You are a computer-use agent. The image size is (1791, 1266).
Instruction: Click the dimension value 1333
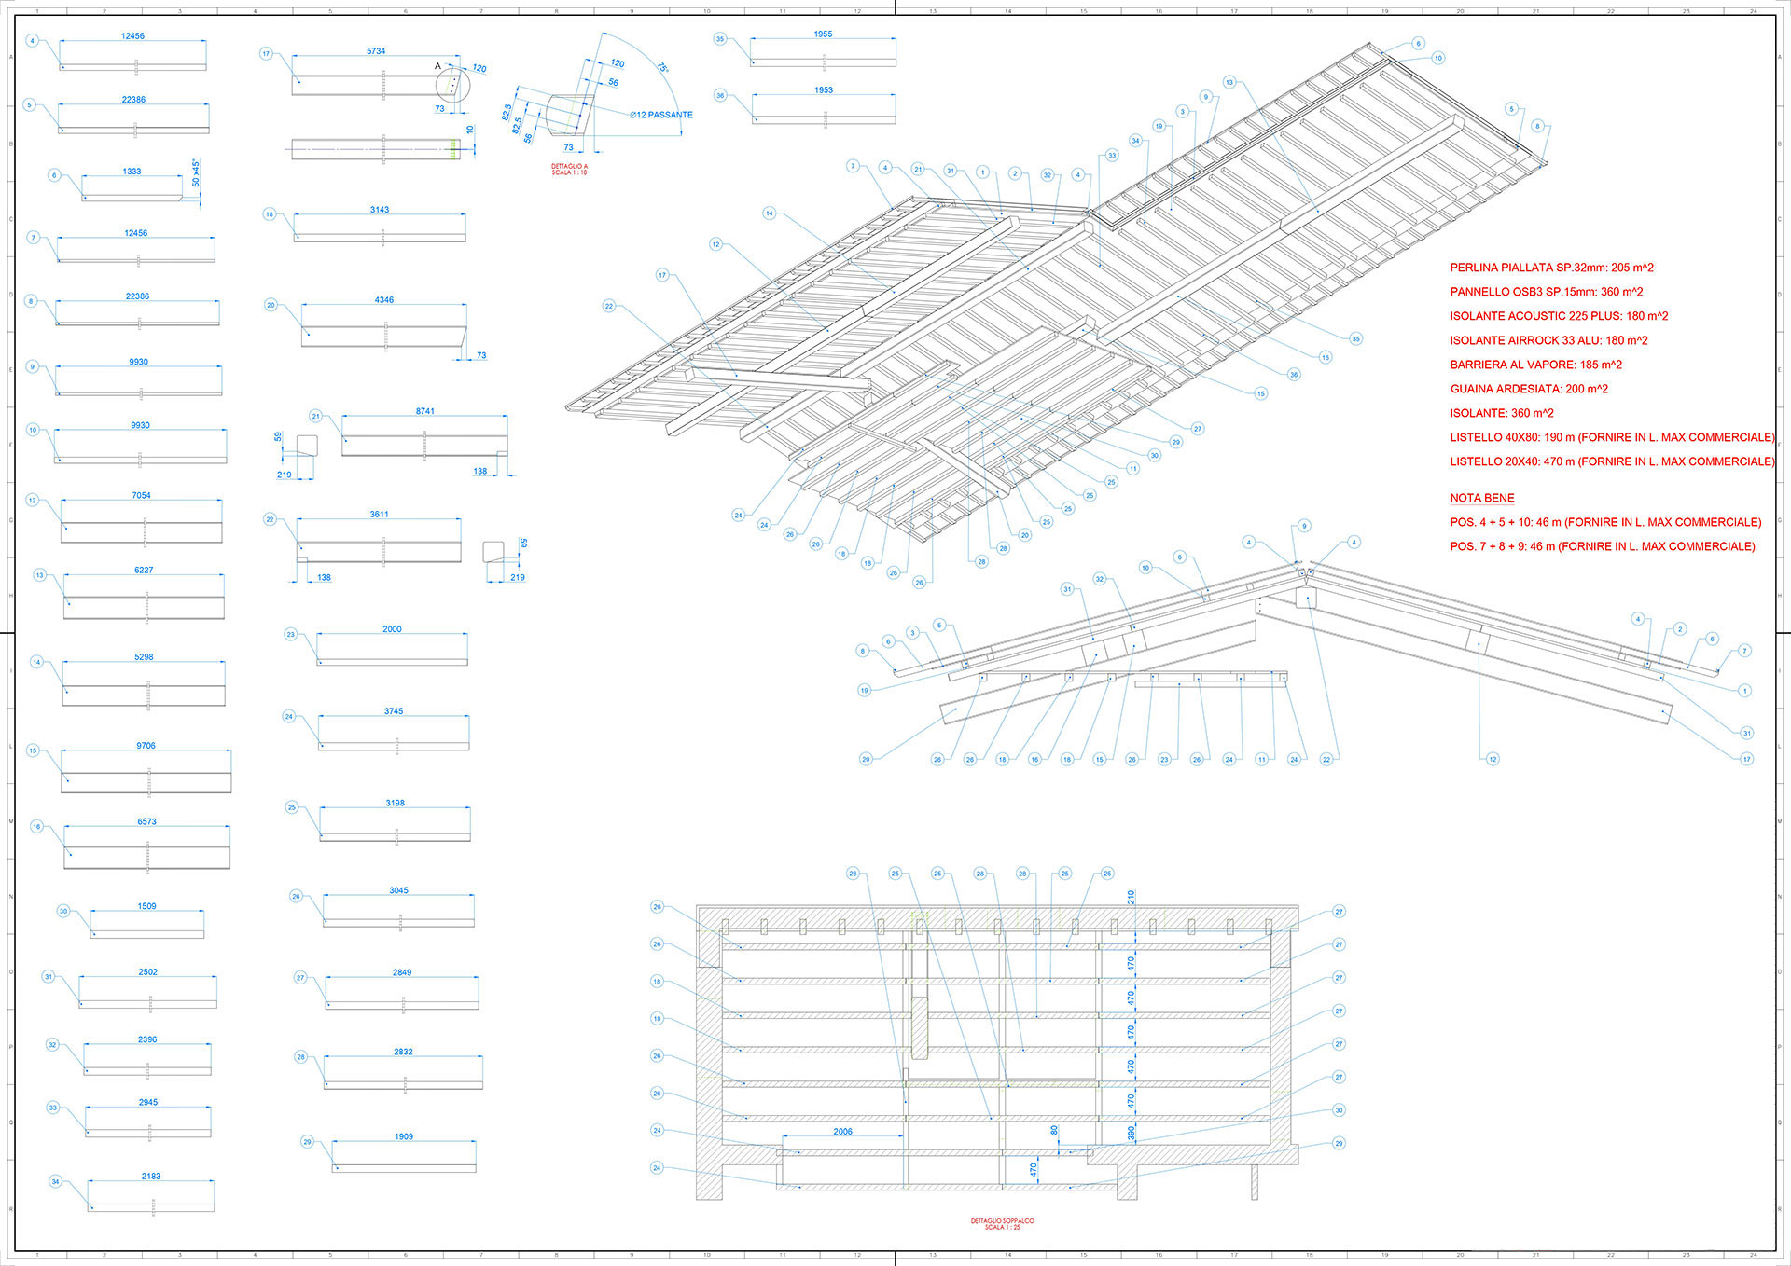pos(132,172)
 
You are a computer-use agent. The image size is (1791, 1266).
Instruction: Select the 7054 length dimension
pos(141,495)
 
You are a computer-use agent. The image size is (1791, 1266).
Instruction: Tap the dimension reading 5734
pos(376,51)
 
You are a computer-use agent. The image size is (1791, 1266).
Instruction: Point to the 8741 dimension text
pos(424,411)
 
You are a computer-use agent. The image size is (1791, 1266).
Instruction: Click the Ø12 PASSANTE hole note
pos(661,115)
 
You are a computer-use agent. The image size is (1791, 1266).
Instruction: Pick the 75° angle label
pos(661,68)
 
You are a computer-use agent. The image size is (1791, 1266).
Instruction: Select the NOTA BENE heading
pos(1482,498)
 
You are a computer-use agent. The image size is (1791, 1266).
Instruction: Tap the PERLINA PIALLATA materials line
pos(1551,268)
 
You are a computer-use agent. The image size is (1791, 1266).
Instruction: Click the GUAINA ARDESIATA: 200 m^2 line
pos(1529,389)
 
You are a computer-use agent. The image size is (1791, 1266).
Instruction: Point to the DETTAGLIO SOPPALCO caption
pos(1002,1223)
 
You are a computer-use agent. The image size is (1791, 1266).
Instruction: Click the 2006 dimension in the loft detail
pos(842,1132)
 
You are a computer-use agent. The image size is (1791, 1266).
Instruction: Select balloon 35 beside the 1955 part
pos(719,39)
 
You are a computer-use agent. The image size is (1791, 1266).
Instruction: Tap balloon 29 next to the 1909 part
pos(307,1142)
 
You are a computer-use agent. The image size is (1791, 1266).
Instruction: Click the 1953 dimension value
pos(823,90)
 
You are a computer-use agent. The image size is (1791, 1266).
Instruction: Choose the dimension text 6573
pos(146,821)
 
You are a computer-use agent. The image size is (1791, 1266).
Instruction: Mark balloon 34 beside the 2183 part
pos(55,1182)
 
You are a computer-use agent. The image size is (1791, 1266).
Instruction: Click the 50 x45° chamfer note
pos(196,172)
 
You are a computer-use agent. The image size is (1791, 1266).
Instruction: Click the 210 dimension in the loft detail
pos(1131,897)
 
